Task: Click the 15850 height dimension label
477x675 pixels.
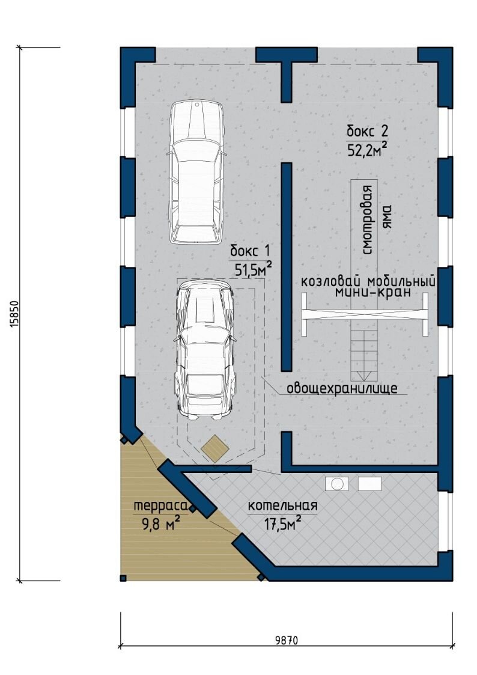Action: pos(14,313)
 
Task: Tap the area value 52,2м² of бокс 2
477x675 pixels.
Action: pos(367,150)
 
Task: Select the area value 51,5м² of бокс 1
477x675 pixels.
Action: pos(253,269)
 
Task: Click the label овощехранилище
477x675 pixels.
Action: pos(342,388)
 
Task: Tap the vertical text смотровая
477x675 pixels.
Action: pos(368,219)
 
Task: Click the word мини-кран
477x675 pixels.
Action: pos(372,292)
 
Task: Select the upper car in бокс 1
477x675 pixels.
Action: pos(196,172)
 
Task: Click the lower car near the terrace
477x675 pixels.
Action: pos(205,349)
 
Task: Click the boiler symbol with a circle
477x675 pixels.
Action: pos(337,483)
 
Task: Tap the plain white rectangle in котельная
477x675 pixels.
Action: pos(370,483)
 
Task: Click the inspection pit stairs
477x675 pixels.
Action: pos(364,356)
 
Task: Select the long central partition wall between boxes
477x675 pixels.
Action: pos(287,267)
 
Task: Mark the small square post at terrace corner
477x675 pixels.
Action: pos(124,578)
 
